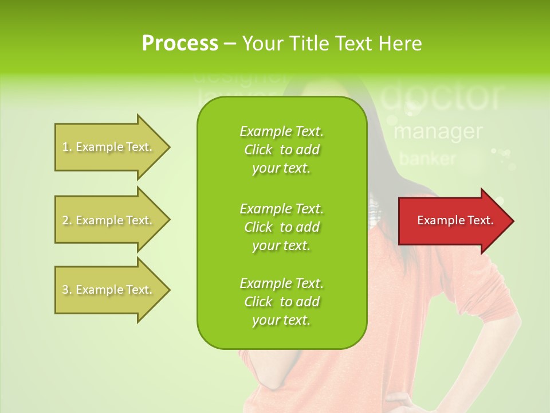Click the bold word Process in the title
pyautogui.click(x=180, y=44)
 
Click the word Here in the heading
pyautogui.click(x=400, y=44)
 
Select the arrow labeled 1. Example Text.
pyautogui.click(x=109, y=147)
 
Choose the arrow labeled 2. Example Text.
pyautogui.click(x=109, y=220)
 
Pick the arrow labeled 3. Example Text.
pyautogui.click(x=109, y=290)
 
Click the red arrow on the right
pyautogui.click(x=453, y=221)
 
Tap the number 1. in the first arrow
pyautogui.click(x=67, y=147)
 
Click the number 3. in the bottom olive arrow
pyautogui.click(x=67, y=290)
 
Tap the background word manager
pyautogui.click(x=438, y=131)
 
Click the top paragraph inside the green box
pyautogui.click(x=281, y=150)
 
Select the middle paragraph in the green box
pyautogui.click(x=281, y=227)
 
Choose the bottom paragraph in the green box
pyautogui.click(x=281, y=302)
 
